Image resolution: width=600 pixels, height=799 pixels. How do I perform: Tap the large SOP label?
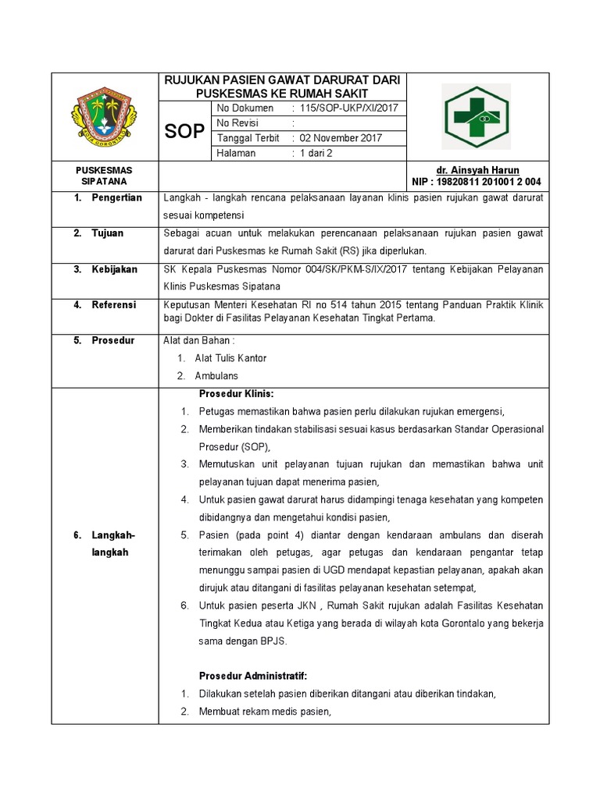[x=184, y=131]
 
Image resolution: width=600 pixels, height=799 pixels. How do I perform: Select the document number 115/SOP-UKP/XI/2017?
[x=348, y=108]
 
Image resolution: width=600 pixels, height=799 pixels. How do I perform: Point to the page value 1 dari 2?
[x=316, y=153]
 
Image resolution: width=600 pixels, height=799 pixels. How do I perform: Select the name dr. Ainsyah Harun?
[x=477, y=170]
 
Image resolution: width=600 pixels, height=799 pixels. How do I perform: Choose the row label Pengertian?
[x=116, y=197]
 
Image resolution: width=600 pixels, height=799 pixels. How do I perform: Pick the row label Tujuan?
[x=107, y=233]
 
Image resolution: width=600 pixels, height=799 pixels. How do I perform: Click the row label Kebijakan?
[x=114, y=269]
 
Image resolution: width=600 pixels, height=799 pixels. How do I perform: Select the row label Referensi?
[x=114, y=304]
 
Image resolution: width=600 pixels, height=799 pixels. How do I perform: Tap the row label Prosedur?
[x=112, y=340]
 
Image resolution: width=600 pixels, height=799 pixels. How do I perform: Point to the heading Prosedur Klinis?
[x=237, y=393]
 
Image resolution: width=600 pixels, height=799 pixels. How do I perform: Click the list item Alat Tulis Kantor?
[x=230, y=358]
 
